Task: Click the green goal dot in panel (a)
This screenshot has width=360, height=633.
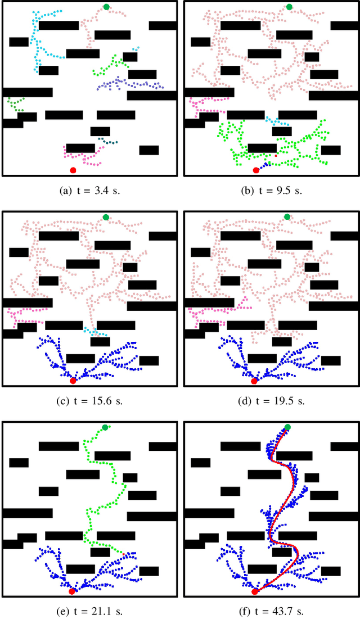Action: (106, 7)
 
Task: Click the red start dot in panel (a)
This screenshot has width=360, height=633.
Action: (73, 170)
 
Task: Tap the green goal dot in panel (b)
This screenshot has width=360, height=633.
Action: (289, 7)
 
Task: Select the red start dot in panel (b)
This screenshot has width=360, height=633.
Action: (255, 170)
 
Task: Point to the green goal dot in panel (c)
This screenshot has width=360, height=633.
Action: (106, 217)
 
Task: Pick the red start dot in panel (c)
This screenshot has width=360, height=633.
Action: (73, 381)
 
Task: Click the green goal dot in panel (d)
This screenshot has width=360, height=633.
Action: (287, 217)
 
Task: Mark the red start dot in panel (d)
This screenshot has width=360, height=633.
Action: (254, 381)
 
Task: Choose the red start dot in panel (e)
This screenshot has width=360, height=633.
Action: (72, 591)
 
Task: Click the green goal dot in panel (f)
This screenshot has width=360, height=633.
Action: (287, 428)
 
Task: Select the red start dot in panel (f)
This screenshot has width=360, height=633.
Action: (254, 591)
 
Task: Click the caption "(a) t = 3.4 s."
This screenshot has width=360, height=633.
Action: (90, 191)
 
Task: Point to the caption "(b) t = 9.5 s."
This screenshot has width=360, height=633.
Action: (272, 191)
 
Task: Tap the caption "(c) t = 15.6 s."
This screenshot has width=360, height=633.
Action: (90, 401)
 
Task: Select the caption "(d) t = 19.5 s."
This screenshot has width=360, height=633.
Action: (272, 401)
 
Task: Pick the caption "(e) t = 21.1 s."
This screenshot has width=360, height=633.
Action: (90, 612)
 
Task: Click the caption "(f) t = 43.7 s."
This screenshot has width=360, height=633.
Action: (272, 612)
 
